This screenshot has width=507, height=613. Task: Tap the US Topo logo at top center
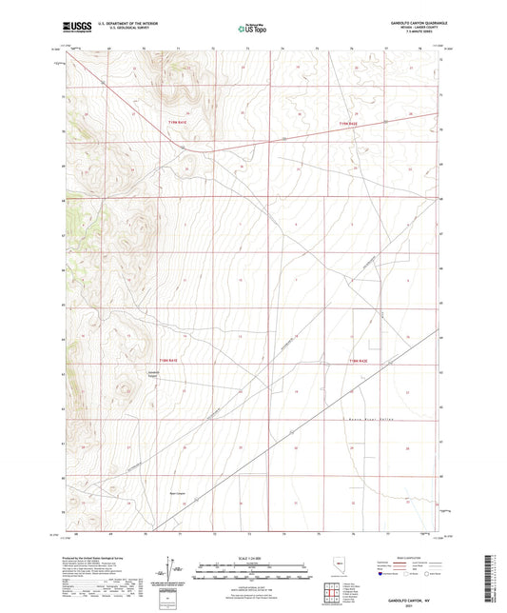click(250, 30)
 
